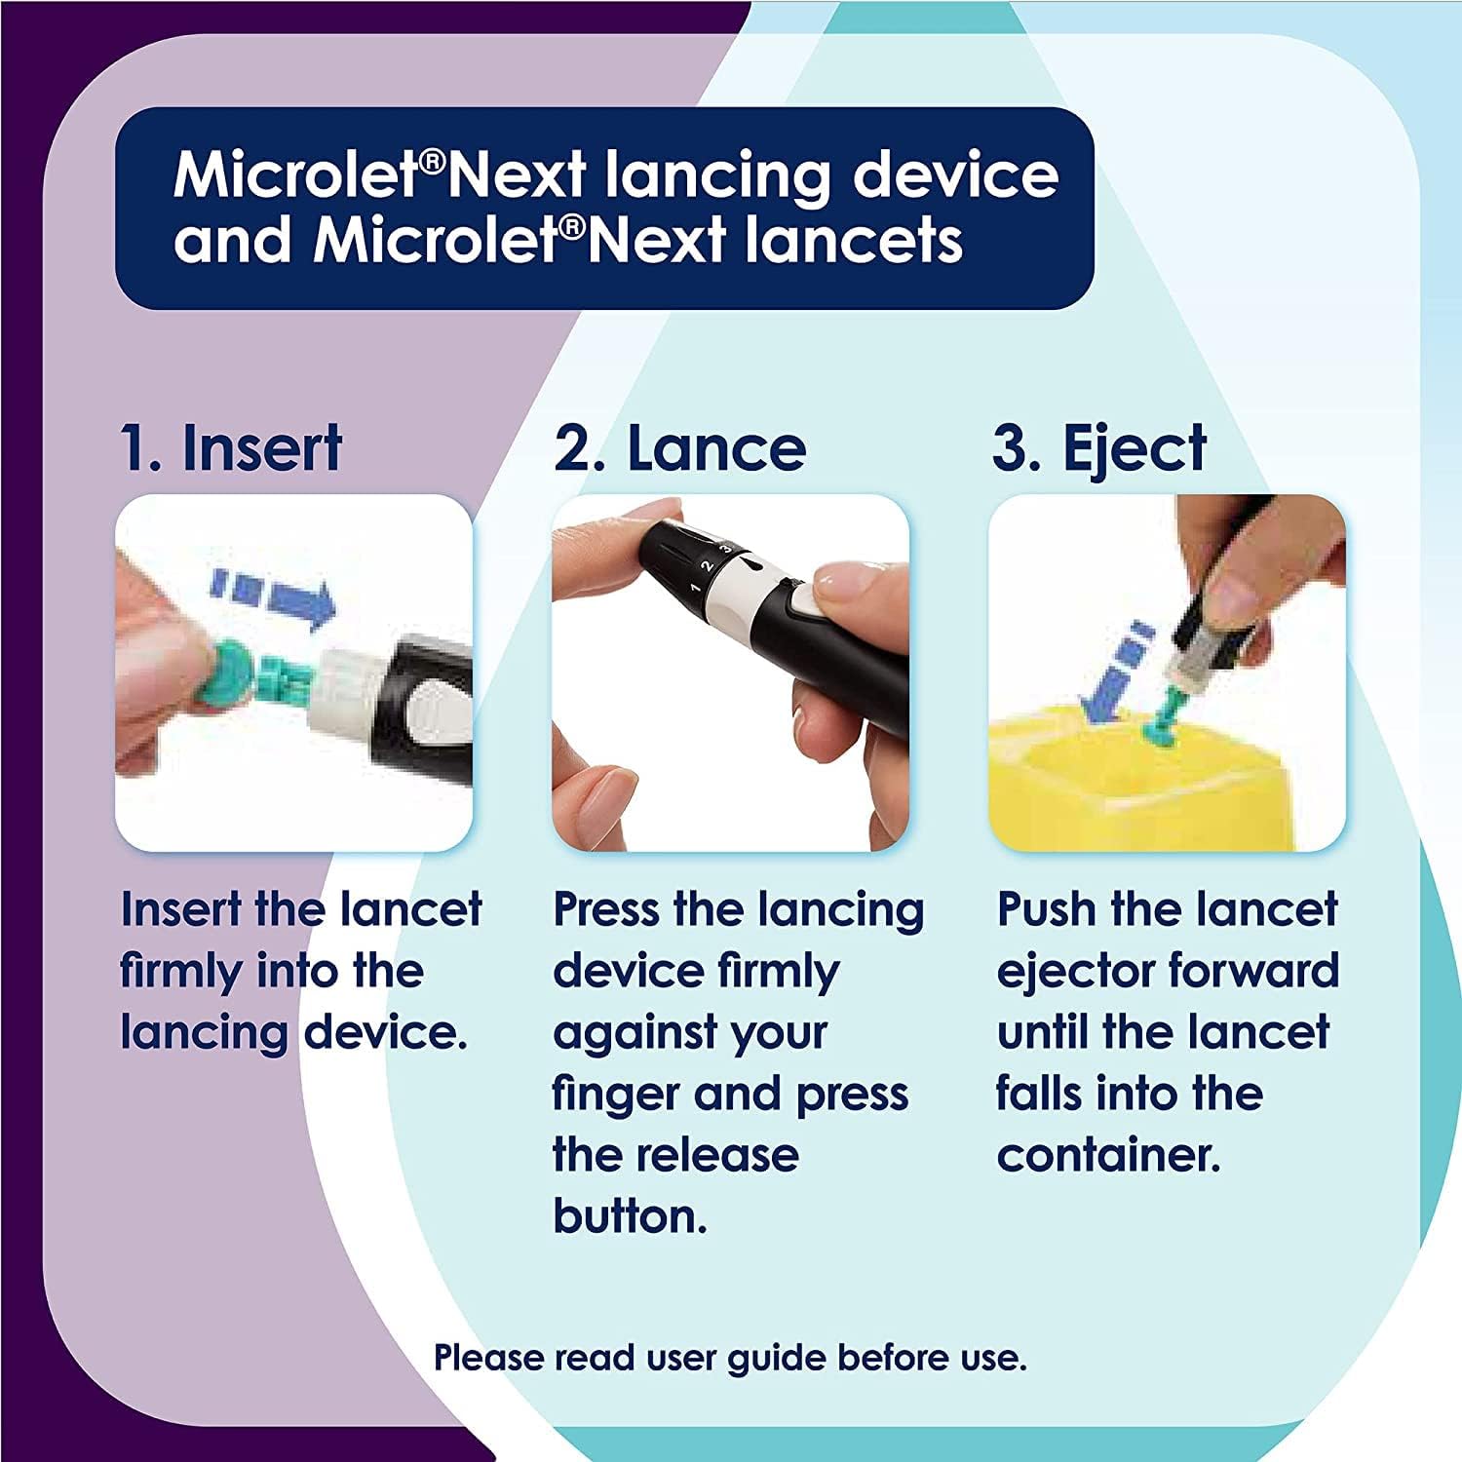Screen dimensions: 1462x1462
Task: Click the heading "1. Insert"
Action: [x=231, y=448]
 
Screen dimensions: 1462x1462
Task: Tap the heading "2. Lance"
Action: [x=679, y=448]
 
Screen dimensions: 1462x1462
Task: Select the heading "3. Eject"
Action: [x=1099, y=450]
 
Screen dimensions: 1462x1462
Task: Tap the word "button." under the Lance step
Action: [x=630, y=1216]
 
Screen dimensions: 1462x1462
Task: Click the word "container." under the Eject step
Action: [x=1108, y=1155]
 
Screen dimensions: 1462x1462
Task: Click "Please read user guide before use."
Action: [x=730, y=1357]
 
